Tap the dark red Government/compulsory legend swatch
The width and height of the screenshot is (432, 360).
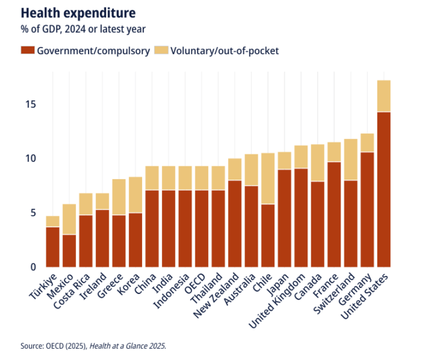click(x=27, y=51)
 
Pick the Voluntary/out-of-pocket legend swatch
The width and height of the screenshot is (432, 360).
click(x=162, y=51)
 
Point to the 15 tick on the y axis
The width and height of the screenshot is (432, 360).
click(x=29, y=104)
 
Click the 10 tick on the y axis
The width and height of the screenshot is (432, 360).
click(x=29, y=158)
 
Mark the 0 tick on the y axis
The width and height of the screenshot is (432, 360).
click(x=32, y=267)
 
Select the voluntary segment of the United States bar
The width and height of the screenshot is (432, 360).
click(x=383, y=96)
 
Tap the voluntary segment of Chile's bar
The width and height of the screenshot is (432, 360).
click(x=268, y=179)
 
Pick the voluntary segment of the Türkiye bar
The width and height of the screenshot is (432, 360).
click(x=52, y=221)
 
